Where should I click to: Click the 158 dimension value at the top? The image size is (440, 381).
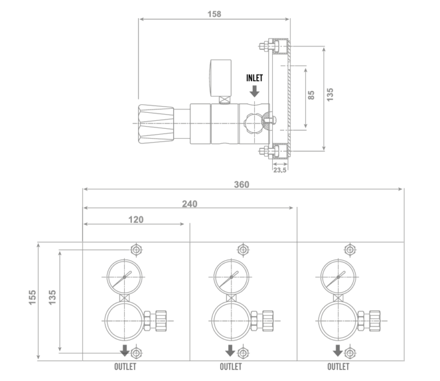pyautogui.click(x=214, y=14)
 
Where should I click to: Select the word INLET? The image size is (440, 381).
pyautogui.click(x=254, y=78)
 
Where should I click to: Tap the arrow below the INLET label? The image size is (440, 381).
pyautogui.click(x=254, y=91)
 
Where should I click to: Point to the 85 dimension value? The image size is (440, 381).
pyautogui.click(x=311, y=95)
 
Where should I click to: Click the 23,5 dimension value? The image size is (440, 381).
pyautogui.click(x=280, y=170)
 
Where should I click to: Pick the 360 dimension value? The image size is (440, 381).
pyautogui.click(x=242, y=184)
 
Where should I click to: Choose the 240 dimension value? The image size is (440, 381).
pyautogui.click(x=190, y=204)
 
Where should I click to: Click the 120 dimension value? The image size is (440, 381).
pyautogui.click(x=136, y=219)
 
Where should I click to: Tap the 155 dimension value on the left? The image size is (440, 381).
pyautogui.click(x=33, y=297)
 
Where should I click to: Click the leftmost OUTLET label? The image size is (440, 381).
pyautogui.click(x=125, y=367)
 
